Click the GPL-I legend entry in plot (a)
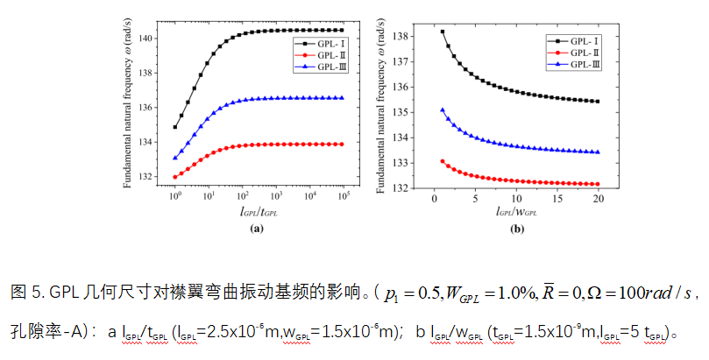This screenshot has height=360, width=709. (x=318, y=42)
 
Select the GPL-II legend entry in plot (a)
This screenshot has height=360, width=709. (x=318, y=54)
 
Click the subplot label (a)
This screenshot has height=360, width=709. (x=258, y=228)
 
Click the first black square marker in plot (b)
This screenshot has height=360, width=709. (x=443, y=32)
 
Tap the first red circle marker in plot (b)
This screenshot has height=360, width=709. (x=443, y=161)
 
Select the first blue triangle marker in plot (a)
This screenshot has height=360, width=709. (x=175, y=158)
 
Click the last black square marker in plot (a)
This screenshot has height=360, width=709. (x=342, y=31)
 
